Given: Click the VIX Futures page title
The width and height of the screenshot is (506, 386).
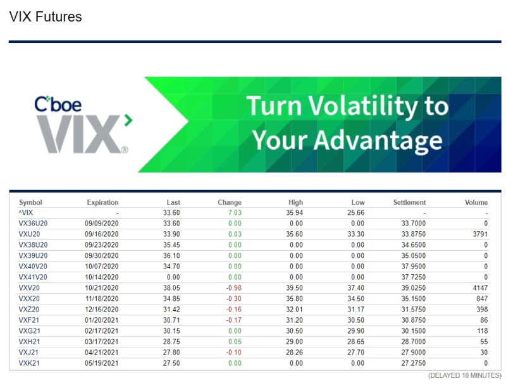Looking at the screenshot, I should tap(46, 17).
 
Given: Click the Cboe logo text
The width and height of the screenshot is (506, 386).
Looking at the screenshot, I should tap(58, 104).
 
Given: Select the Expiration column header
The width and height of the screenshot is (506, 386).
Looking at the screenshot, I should tap(102, 202).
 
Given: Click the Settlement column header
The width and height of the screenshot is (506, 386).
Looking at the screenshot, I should tap(409, 202).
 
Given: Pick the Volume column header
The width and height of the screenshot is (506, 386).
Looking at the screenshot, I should tap(476, 202).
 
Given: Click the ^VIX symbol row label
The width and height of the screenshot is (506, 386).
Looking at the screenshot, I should tap(26, 213).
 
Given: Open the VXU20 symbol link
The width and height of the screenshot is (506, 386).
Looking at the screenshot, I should tap(29, 234).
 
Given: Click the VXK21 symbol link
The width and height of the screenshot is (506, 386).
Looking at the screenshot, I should tap(29, 364).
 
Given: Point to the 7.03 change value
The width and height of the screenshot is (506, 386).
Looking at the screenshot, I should tap(234, 213).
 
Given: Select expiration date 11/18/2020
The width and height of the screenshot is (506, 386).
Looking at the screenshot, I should tap(101, 299).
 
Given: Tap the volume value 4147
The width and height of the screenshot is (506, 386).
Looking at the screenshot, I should tap(479, 288).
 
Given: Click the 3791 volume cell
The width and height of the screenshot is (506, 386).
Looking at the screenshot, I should tap(479, 234).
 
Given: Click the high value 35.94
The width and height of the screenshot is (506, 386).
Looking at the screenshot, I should tap(294, 213).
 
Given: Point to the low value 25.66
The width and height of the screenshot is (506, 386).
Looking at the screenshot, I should tap(355, 213).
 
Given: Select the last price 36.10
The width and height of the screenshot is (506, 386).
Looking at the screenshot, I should tap(171, 256).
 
